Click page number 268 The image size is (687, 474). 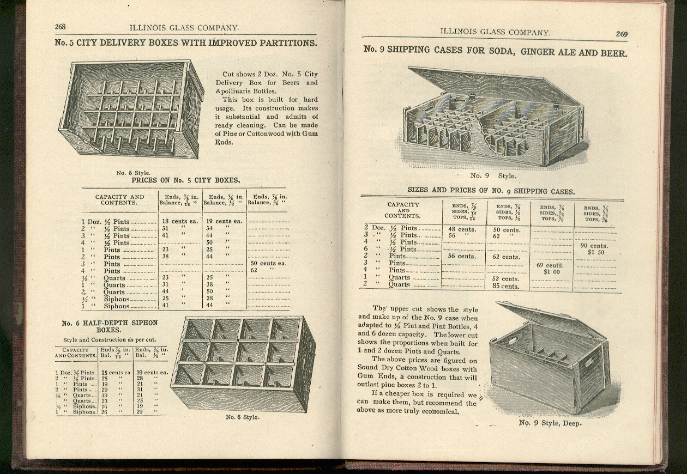[60, 27]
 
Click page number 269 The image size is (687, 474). [622, 34]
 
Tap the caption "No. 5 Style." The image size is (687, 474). [134, 173]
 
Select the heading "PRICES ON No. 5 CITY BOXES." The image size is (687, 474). [185, 180]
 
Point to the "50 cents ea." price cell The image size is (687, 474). [268, 263]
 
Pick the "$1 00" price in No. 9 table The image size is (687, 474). [551, 271]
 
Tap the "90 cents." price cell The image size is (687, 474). [595, 246]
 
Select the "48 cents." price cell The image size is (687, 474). [462, 229]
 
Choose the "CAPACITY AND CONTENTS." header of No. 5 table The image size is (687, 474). [119, 200]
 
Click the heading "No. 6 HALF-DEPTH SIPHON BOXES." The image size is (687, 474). [109, 326]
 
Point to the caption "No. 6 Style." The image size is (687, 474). [243, 417]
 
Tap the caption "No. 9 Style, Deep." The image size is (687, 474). [550, 423]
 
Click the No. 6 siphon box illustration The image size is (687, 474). [243, 362]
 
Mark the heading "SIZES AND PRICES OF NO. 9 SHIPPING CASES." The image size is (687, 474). [491, 191]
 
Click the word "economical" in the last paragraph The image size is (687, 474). [439, 411]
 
